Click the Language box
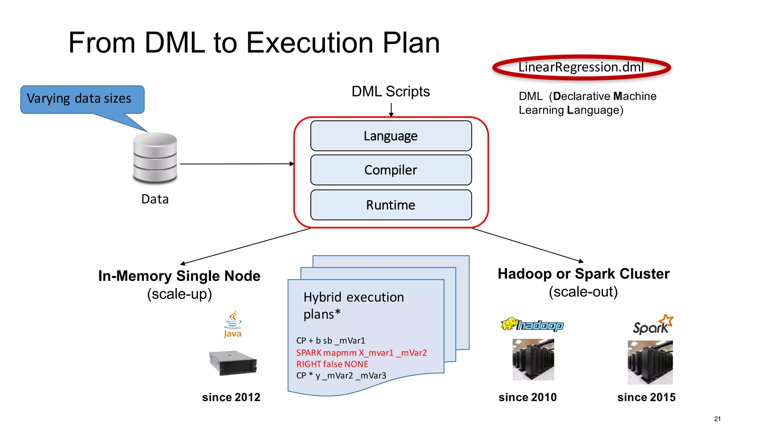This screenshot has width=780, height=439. (x=391, y=136)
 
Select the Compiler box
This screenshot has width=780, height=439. (x=391, y=170)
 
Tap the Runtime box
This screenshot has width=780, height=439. (x=391, y=205)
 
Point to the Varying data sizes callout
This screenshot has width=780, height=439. (x=82, y=99)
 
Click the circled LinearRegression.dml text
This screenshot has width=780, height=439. (x=581, y=67)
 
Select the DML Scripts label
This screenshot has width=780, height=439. (x=390, y=91)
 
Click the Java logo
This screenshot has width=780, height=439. (x=233, y=324)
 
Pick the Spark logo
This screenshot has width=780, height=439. (x=652, y=325)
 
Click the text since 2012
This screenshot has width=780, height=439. (x=231, y=397)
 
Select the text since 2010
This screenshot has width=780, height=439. (x=527, y=397)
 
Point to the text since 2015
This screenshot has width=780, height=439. (x=646, y=397)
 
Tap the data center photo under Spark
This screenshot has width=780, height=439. (x=650, y=362)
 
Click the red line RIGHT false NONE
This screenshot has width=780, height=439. (x=332, y=364)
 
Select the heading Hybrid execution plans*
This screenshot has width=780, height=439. (x=353, y=305)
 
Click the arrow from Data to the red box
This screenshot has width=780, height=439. (x=236, y=164)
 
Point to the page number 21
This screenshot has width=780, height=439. (x=717, y=419)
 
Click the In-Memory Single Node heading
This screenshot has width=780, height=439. (x=179, y=276)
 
